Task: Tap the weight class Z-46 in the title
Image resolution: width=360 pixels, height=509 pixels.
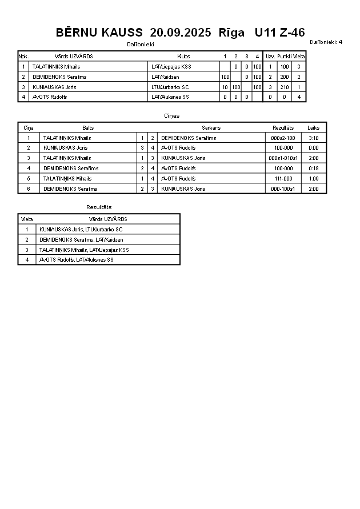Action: [291, 33]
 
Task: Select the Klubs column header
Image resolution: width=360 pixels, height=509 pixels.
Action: [183, 57]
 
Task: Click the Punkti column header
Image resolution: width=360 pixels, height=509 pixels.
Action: [285, 57]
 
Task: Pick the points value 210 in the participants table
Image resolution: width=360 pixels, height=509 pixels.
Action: [285, 87]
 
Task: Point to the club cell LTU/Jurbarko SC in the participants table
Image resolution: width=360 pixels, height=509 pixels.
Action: [170, 87]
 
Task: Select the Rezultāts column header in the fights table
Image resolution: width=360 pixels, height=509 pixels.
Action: [283, 128]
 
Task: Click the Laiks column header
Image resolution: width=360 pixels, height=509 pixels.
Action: [313, 128]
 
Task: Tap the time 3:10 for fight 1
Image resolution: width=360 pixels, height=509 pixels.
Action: [313, 138]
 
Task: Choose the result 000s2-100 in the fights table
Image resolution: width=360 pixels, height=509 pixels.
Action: [283, 138]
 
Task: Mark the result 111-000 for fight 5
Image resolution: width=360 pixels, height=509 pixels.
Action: [283, 179]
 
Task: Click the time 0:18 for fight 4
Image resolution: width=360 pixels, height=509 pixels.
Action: [313, 169]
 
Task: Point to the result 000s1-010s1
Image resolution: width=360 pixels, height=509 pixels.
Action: [283, 158]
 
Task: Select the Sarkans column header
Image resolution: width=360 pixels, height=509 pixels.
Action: [211, 128]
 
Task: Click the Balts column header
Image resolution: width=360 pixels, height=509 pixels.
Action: [88, 128]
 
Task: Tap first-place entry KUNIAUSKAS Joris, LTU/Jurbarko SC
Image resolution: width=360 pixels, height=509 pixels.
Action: [81, 230]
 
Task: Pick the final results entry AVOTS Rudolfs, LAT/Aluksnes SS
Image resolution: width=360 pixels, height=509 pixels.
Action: [76, 260]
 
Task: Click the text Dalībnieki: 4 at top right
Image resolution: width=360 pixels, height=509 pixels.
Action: [326, 42]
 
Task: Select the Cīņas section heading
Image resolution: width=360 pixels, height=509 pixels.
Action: [171, 116]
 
